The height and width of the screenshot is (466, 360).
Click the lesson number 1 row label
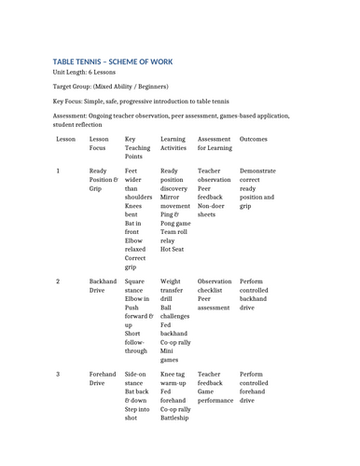click(x=58, y=171)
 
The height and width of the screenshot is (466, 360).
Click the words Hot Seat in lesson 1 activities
click(x=173, y=250)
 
